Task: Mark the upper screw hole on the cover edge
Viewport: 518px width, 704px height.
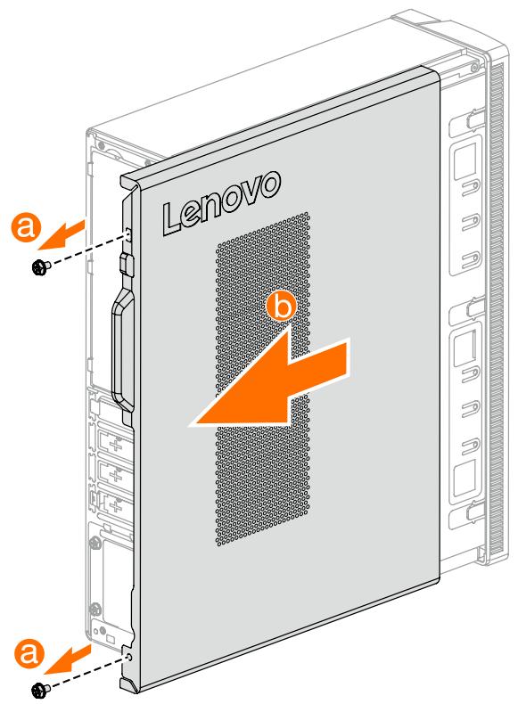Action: pos(130,233)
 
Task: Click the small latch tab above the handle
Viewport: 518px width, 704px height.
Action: pos(126,265)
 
